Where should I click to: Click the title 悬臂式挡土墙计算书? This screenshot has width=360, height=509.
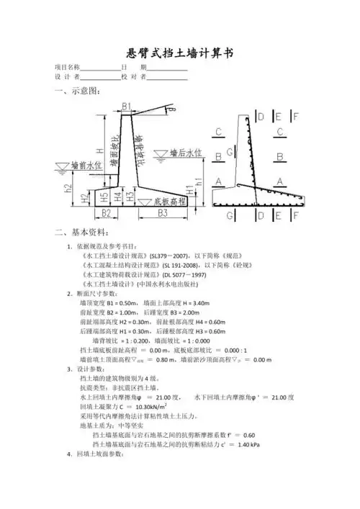coord(180,53)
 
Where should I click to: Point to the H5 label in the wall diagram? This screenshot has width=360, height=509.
coord(104,197)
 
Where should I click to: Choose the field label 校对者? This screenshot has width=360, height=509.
coord(134,76)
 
